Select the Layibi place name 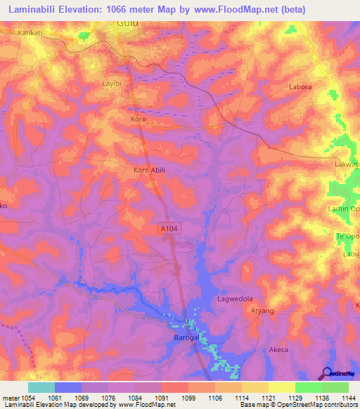point(112,83)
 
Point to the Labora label point(300,87)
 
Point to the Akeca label point(279,349)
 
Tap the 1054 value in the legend point(27,397)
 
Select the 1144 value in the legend point(349,397)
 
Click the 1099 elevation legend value point(188,397)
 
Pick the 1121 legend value point(269,397)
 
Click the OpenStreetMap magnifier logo point(326,373)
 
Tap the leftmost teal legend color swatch point(41,387)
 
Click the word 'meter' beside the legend point(10,397)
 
